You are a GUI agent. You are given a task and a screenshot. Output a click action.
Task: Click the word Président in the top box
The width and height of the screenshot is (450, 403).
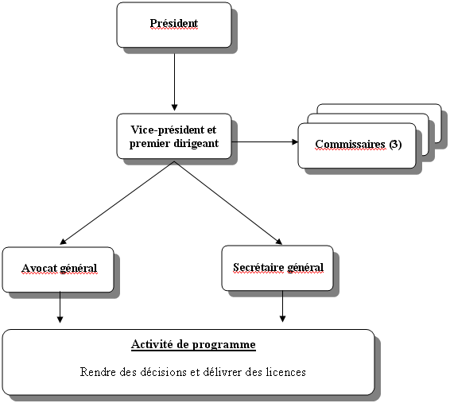click(x=174, y=23)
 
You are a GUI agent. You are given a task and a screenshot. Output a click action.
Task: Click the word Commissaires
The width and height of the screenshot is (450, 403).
click(x=350, y=144)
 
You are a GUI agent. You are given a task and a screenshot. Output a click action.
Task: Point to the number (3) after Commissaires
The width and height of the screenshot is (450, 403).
click(x=395, y=144)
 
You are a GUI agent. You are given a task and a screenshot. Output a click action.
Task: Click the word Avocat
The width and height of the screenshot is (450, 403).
click(x=39, y=268)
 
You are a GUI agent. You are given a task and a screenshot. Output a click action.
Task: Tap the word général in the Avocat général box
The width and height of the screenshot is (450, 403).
click(x=79, y=269)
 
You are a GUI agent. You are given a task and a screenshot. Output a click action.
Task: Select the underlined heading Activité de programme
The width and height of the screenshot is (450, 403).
click(x=193, y=344)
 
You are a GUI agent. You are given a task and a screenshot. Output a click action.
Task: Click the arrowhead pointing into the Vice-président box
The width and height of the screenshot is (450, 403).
click(x=174, y=107)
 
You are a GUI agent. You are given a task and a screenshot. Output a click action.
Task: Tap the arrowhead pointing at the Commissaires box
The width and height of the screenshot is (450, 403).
click(x=295, y=141)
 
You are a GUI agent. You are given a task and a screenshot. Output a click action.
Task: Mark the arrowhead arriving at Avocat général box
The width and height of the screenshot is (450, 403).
click(x=63, y=242)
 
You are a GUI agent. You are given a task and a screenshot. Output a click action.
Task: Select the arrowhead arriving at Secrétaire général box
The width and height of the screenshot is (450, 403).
click(x=279, y=241)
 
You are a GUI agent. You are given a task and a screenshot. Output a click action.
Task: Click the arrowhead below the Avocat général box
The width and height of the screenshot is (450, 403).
click(x=60, y=320)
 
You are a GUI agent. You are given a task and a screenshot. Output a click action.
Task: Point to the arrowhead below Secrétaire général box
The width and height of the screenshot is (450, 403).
click(x=282, y=319)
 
